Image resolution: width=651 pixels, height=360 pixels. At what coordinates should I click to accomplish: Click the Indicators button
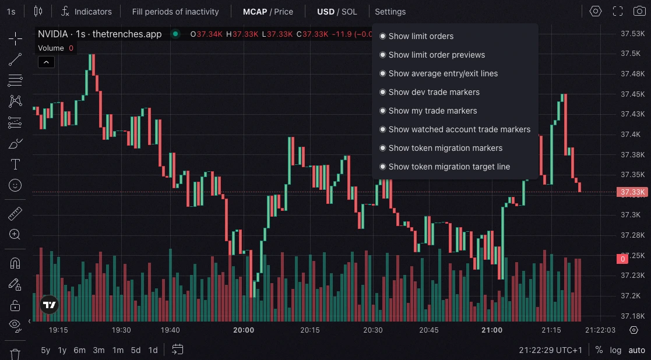[x=87, y=11]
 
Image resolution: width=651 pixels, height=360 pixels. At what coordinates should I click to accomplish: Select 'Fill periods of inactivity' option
[x=175, y=11]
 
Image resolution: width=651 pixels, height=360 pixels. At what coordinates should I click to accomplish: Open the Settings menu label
[x=390, y=11]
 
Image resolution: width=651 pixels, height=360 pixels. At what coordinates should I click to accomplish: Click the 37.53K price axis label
[x=632, y=33]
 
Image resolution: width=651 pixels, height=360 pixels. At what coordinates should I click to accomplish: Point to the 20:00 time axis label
[x=243, y=330]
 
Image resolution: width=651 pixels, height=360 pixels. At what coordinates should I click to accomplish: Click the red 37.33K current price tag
[x=632, y=192]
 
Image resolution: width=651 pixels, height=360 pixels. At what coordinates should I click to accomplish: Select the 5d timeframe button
[x=135, y=350]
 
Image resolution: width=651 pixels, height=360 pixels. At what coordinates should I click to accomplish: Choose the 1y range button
[x=62, y=350]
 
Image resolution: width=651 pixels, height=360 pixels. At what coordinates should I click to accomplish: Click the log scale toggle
[x=615, y=350]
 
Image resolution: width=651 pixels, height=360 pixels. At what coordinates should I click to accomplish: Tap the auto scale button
[x=636, y=350]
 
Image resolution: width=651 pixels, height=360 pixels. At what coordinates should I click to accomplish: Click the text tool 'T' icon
[x=15, y=165]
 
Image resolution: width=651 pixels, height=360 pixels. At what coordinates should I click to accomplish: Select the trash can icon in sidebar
[x=15, y=353]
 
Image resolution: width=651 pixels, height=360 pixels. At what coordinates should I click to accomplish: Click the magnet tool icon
[x=15, y=263]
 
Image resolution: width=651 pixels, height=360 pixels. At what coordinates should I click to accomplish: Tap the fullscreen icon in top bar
[x=618, y=11]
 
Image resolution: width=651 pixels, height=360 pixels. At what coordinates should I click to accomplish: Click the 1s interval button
[x=11, y=11]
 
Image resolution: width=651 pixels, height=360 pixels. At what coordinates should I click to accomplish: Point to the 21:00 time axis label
[x=492, y=330]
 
